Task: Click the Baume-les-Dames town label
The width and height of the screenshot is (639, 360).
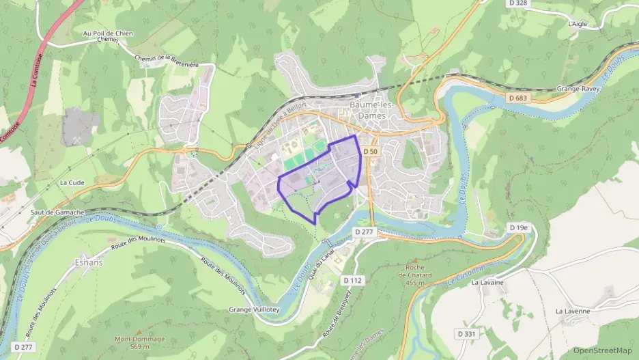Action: pyautogui.click(x=371, y=110)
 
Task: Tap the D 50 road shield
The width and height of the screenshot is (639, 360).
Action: pyautogui.click(x=370, y=151)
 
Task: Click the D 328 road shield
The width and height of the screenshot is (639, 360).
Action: pyautogui.click(x=519, y=3)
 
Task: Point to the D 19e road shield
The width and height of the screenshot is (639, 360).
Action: pyautogui.click(x=519, y=227)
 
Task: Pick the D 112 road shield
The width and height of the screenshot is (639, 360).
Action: pyautogui.click(x=352, y=280)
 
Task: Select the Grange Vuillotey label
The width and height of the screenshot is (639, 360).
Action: pyautogui.click(x=253, y=309)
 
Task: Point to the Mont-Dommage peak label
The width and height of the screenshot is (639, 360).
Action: pyautogui.click(x=139, y=342)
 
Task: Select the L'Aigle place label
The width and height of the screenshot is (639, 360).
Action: pyautogui.click(x=578, y=23)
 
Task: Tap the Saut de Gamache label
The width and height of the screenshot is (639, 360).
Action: pyautogui.click(x=57, y=213)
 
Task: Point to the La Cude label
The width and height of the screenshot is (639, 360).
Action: pyautogui.click(x=71, y=182)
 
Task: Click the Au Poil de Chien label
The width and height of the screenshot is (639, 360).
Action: pyautogui.click(x=108, y=33)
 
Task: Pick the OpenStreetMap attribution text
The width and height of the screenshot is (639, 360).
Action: pyautogui.click(x=602, y=350)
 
